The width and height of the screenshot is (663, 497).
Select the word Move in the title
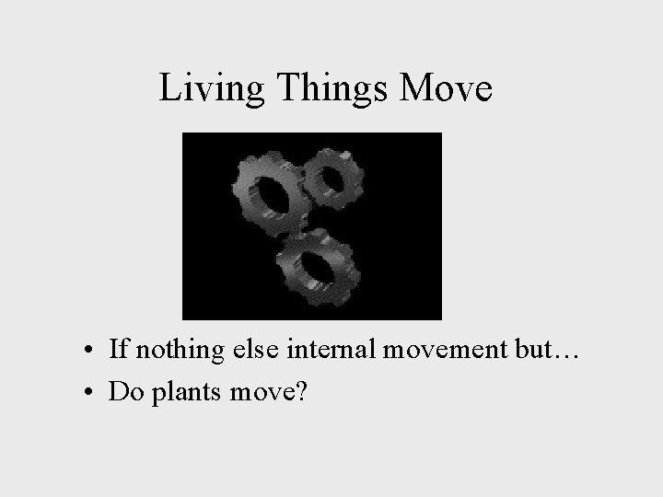(x=448, y=89)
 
